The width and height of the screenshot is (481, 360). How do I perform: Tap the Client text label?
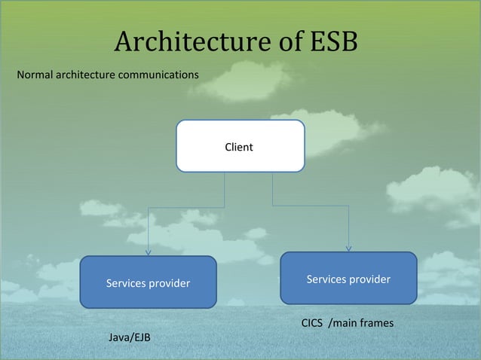point(240,147)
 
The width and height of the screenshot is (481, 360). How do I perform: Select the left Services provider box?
point(148,282)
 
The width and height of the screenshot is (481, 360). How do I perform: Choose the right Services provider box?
point(348,278)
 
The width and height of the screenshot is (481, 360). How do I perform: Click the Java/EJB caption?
point(130,337)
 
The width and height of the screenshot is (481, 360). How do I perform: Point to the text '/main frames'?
point(360,323)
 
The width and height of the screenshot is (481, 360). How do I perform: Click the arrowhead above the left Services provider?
point(149,252)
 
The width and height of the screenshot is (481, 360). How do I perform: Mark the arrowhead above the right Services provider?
point(349,247)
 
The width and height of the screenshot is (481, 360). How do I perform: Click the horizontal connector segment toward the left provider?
point(186,206)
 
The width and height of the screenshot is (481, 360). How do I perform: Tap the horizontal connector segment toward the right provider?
point(310,206)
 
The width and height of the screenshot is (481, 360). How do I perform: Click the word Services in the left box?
point(126,284)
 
